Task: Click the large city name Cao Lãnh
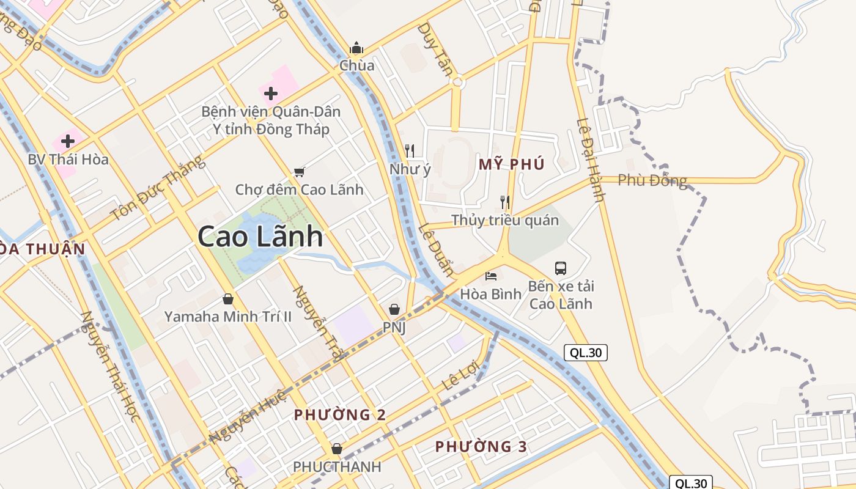pyautogui.click(x=260, y=237)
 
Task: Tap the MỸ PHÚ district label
pyautogui.click(x=511, y=164)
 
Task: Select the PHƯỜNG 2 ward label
pyautogui.click(x=339, y=414)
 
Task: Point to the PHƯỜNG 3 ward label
pyautogui.click(x=481, y=446)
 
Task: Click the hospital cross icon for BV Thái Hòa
pyautogui.click(x=68, y=141)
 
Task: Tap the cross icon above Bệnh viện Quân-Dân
pyautogui.click(x=271, y=94)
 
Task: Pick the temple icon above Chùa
pyautogui.click(x=356, y=48)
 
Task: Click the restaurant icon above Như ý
pyautogui.click(x=410, y=150)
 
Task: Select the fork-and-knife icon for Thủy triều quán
pyautogui.click(x=505, y=202)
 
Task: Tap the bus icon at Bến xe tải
pyautogui.click(x=561, y=268)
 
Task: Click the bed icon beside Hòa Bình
pyautogui.click(x=491, y=276)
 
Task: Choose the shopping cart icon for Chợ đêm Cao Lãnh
pyautogui.click(x=299, y=172)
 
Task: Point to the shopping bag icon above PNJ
pyautogui.click(x=394, y=309)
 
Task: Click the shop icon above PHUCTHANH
pyautogui.click(x=336, y=449)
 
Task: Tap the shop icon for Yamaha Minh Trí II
pyautogui.click(x=228, y=299)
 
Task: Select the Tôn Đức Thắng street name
pyautogui.click(x=158, y=188)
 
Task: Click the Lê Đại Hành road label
pyautogui.click(x=591, y=160)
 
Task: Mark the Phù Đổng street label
pyautogui.click(x=652, y=180)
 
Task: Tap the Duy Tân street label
pyautogui.click(x=435, y=49)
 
